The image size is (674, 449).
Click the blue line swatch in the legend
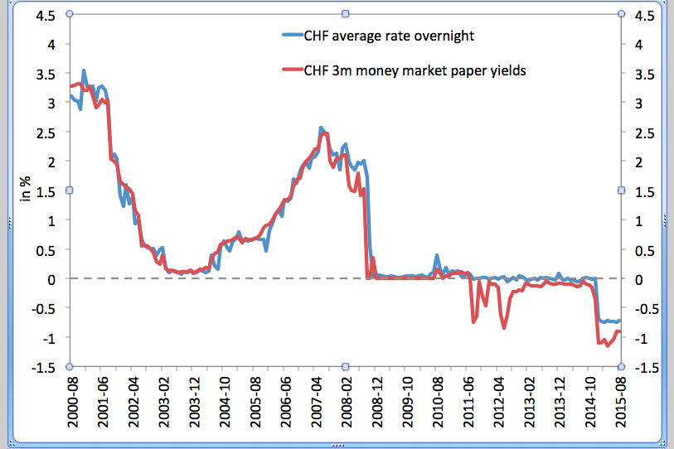coord(293,36)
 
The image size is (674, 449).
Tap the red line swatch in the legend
coord(293,71)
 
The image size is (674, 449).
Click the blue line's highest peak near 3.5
coord(84,71)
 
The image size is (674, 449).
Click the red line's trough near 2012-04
coord(503,327)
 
